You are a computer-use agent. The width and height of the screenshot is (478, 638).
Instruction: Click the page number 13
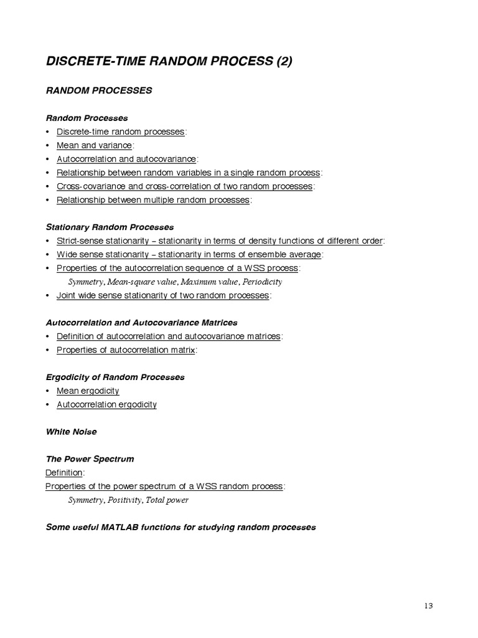click(x=428, y=605)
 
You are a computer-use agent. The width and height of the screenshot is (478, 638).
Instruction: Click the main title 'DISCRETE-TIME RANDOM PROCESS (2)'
click(x=169, y=61)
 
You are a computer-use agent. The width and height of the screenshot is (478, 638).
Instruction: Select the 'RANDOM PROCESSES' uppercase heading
click(x=99, y=90)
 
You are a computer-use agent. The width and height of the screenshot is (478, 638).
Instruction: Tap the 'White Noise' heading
click(x=72, y=431)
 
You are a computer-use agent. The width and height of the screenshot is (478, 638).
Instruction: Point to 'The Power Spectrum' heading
click(x=90, y=459)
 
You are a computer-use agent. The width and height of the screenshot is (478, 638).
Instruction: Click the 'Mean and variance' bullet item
click(x=94, y=145)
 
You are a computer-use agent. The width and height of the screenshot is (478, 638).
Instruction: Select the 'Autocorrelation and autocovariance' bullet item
click(x=126, y=159)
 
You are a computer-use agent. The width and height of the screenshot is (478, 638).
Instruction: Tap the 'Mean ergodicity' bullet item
click(x=88, y=391)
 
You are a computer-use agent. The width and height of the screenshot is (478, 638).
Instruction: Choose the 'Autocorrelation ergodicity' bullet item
click(x=106, y=404)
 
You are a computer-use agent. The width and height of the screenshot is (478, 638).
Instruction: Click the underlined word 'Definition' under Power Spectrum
click(x=64, y=472)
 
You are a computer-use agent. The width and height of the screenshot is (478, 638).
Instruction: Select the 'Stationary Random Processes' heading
click(x=110, y=227)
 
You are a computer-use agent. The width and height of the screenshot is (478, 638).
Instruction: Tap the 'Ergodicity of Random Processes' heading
click(x=115, y=377)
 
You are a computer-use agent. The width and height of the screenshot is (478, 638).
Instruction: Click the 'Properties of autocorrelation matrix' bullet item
click(x=126, y=350)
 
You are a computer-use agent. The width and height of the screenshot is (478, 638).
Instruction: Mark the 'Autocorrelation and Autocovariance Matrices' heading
click(x=142, y=323)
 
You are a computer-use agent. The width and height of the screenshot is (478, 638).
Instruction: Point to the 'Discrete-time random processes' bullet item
click(x=121, y=131)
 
